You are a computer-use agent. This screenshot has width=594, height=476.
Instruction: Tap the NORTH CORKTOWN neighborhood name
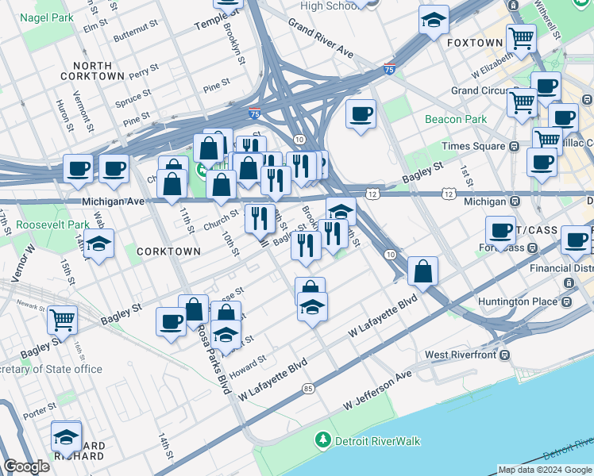pos(98,71)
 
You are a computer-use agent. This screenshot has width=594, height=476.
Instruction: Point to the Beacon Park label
pos(454,119)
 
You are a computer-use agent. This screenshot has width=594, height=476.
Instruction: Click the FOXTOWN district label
pos(475,42)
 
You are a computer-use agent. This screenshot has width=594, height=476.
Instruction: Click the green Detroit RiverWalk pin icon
pos(322,439)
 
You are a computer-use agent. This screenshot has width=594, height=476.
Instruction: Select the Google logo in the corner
pos(26,467)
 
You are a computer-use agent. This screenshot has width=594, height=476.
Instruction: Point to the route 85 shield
pos(308,389)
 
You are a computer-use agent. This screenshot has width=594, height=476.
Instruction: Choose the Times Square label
pos(475,146)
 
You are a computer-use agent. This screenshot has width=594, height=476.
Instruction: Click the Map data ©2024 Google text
pos(544,470)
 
